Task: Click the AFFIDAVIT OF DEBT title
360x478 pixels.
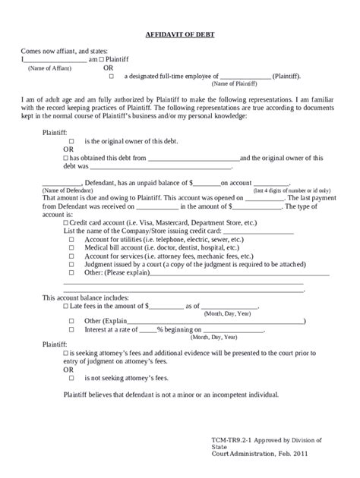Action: tap(180, 35)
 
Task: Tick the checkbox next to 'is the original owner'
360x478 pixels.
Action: tap(71, 142)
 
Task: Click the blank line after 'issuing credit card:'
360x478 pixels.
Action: tap(257, 231)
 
